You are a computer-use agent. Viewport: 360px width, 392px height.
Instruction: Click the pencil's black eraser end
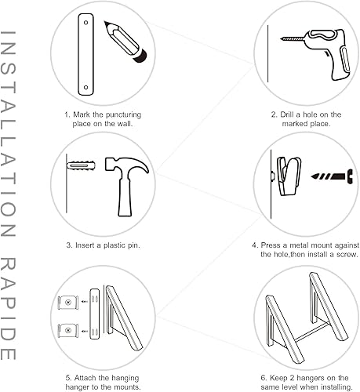pos(140,56)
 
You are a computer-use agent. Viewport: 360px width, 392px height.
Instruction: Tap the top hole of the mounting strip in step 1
pos(85,23)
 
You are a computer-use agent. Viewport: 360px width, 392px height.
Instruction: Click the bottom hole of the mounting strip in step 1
pos(85,87)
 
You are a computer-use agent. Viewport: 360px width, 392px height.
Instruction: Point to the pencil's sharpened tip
pos(105,23)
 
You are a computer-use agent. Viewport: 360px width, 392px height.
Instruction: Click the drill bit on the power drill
pos(293,39)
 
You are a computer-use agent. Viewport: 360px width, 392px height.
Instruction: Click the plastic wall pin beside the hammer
pos(81,165)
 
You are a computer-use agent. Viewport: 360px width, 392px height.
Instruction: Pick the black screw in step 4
pos(332,176)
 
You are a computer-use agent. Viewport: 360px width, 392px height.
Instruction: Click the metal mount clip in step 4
pos(289,176)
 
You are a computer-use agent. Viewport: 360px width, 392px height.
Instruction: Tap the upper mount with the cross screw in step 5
pos(68,303)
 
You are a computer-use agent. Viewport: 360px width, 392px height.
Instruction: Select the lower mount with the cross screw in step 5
pos(68,331)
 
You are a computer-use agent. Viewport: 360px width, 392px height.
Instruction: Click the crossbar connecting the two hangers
pos(311,332)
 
